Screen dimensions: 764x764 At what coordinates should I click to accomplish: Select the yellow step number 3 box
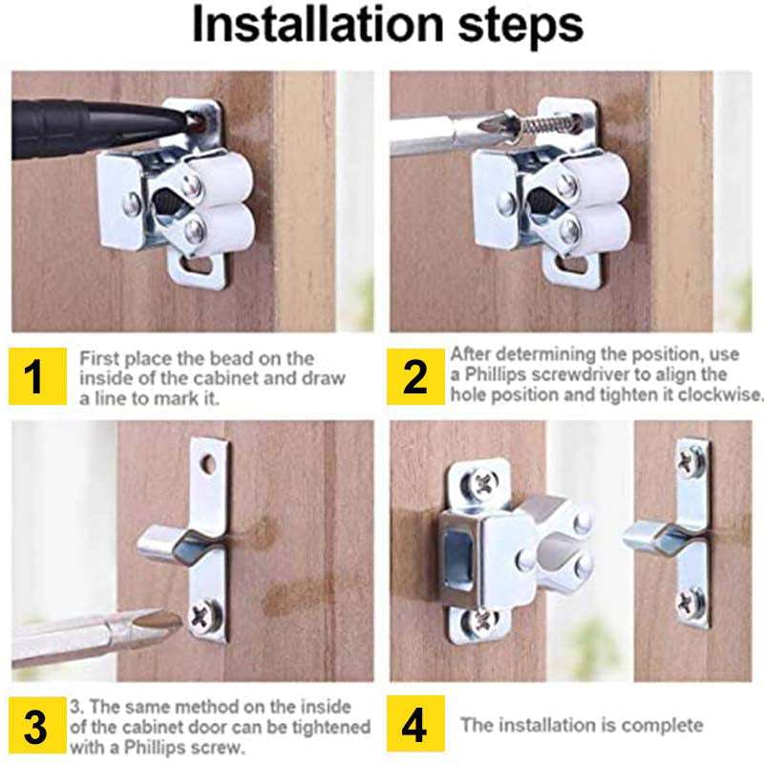coord(34,728)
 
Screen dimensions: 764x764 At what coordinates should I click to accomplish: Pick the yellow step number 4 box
coord(415,726)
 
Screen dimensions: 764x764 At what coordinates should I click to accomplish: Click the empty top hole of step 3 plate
coord(208,465)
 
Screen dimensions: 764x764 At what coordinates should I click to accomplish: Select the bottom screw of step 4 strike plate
coord(690,602)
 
